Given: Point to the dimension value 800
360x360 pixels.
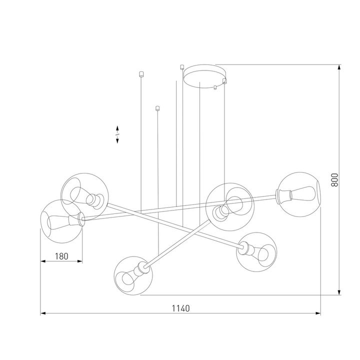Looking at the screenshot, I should click(x=334, y=179).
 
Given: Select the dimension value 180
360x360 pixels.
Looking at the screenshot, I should click(x=61, y=256).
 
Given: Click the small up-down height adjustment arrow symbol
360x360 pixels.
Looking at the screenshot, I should click(x=117, y=134).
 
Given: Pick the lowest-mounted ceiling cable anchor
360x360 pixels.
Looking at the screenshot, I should click(x=157, y=107).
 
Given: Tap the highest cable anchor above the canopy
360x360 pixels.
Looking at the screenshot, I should click(x=182, y=65).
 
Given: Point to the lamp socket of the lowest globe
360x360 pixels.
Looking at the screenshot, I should click(x=143, y=269).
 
